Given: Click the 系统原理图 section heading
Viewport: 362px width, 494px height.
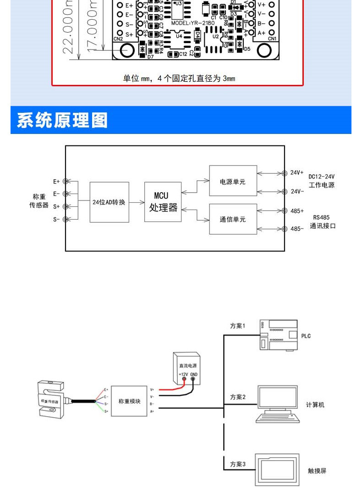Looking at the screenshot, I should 62,120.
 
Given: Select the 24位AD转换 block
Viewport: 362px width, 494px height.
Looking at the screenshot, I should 109,202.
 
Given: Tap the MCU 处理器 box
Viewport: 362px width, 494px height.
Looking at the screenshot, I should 163,202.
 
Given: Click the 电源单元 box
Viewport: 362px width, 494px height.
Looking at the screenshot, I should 233,182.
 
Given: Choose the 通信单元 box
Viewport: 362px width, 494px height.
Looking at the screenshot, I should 233,219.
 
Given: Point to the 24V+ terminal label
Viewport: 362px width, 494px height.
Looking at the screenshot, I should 297,173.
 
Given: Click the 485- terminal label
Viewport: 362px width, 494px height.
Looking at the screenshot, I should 297,228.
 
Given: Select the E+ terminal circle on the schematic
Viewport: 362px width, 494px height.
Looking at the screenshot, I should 66,182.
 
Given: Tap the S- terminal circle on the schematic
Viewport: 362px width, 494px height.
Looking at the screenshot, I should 66,219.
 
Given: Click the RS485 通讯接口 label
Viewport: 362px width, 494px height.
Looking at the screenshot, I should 323,222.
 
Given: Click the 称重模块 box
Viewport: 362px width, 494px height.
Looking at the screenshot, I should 129,401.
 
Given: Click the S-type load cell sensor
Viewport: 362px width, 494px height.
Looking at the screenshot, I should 51,399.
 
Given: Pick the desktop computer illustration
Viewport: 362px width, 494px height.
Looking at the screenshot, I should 277,404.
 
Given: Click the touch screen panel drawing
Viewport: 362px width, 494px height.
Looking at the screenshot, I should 277,470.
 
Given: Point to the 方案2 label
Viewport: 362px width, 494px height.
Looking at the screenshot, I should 238,397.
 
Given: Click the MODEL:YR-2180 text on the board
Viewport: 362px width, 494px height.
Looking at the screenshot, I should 193,22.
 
